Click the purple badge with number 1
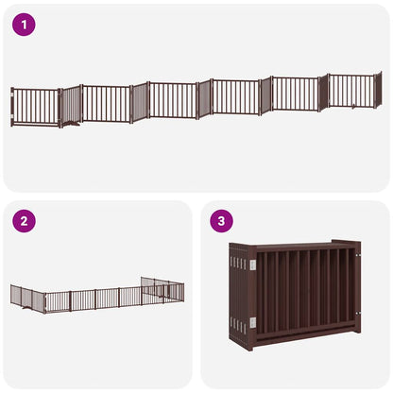tap(24, 26)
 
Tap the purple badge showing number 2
tap(24, 222)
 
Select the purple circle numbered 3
tap(222, 222)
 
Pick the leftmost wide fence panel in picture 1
tap(35, 107)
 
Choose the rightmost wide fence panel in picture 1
tap(350, 91)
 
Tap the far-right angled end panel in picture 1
tap(377, 89)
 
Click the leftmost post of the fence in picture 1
tap(11, 107)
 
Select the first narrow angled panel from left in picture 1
tap(71, 105)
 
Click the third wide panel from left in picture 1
tap(173, 99)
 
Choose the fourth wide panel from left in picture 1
tap(234, 96)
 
